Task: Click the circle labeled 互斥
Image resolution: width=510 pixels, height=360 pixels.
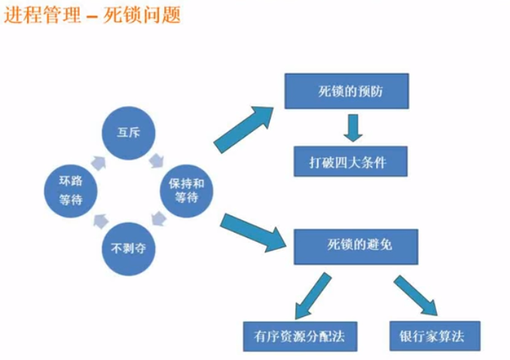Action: (129, 133)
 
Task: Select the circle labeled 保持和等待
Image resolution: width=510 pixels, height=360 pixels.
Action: (186, 191)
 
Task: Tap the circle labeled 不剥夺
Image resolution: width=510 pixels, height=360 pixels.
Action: (129, 249)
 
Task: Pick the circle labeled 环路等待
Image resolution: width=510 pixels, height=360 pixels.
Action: (71, 191)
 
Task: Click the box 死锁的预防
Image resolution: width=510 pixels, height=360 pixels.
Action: (347, 91)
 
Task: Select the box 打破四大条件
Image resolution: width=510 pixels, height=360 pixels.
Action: (350, 161)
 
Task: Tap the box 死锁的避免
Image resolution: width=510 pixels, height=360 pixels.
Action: (356, 246)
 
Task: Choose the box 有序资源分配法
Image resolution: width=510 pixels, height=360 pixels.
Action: (301, 336)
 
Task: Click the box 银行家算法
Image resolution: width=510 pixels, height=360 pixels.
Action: (435, 336)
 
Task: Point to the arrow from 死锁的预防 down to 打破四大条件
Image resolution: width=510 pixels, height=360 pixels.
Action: (353, 128)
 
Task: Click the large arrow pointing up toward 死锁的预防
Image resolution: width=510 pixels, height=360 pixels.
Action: (244, 129)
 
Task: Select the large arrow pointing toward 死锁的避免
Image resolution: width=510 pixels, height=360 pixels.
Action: (252, 232)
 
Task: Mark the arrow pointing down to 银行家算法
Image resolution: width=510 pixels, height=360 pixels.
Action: (416, 295)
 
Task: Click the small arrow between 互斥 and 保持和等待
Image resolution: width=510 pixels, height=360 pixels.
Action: (157, 160)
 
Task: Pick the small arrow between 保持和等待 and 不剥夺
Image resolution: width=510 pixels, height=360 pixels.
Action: (159, 218)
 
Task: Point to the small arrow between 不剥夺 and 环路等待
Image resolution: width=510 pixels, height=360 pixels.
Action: (100, 221)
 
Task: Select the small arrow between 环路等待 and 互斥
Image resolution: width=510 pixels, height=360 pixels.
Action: (98, 163)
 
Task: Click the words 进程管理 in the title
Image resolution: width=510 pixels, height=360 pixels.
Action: (42, 14)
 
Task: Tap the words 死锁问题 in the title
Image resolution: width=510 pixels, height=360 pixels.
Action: (142, 14)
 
